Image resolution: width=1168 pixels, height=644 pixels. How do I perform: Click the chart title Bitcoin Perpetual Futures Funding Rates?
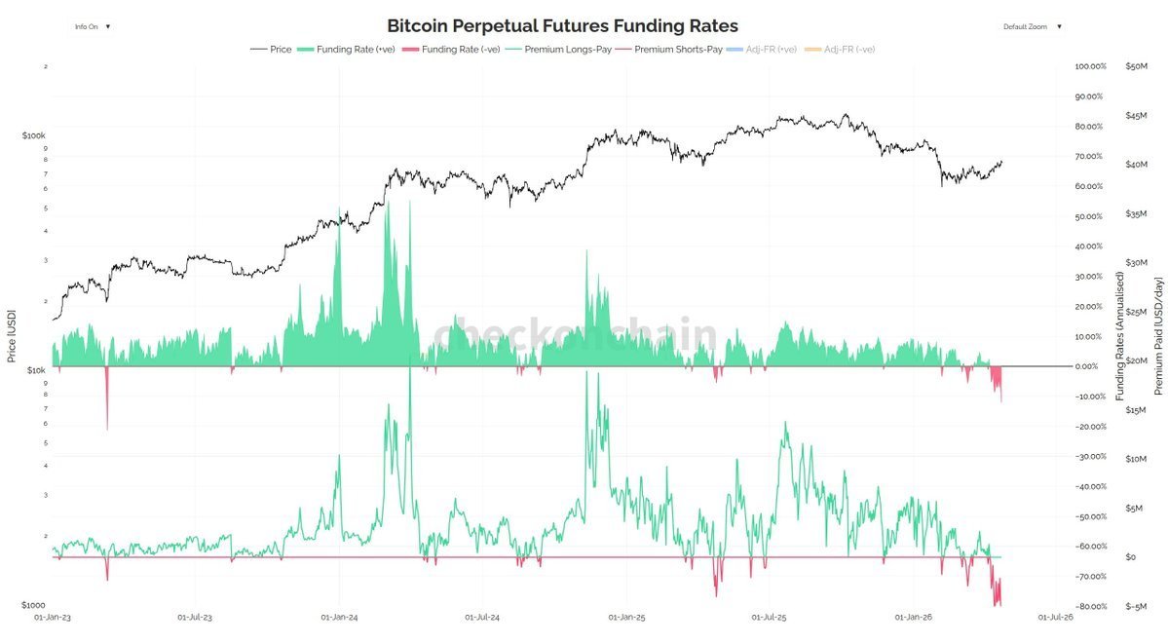click(x=562, y=25)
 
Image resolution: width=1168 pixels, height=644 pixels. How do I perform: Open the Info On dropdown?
click(x=93, y=26)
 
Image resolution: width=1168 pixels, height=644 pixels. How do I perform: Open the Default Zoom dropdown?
click(x=1032, y=26)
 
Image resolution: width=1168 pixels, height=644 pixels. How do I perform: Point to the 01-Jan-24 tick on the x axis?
click(x=339, y=617)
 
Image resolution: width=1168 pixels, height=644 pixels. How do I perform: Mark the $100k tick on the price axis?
click(x=34, y=135)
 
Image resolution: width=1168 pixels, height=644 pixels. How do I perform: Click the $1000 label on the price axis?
click(x=33, y=605)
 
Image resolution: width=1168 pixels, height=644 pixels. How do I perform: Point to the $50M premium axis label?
click(x=1136, y=66)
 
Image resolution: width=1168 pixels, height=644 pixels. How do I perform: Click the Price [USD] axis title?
click(x=12, y=336)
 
